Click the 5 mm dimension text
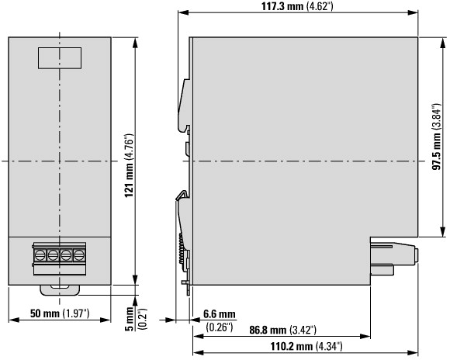coord(130,319)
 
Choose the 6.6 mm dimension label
coord(220,314)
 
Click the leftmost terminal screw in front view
coord(40,254)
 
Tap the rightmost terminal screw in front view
coord(79,254)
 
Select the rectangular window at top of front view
coord(60,58)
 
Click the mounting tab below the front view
coord(60,290)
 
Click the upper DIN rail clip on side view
coord(184,106)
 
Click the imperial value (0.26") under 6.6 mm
coord(220,327)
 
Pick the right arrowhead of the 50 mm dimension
coord(106,320)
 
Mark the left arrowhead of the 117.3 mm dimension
coord(183,12)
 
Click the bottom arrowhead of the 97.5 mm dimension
coord(442,232)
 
